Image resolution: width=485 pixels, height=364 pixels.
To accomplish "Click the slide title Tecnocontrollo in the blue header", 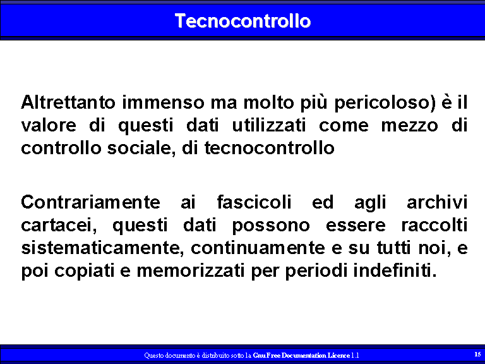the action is point(242,21).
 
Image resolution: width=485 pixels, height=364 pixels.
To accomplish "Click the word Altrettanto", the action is point(68,102).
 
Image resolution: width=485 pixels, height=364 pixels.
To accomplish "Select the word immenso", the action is point(163,102).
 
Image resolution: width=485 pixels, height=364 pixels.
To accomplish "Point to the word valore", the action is point(49,125).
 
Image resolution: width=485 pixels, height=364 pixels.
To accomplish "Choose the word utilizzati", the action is point(269,125).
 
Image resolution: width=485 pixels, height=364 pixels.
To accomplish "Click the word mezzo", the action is point(409,126).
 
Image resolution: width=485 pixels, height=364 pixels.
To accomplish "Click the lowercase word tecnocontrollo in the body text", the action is point(270,149).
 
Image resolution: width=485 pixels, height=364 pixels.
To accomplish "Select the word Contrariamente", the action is point(90,202).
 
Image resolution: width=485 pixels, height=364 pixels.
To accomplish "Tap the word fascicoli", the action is point(254,202).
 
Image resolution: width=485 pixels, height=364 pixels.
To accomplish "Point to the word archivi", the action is point(437,202).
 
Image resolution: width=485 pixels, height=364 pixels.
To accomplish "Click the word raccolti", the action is point(434,225).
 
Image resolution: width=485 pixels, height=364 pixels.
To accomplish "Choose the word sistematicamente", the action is point(100,248).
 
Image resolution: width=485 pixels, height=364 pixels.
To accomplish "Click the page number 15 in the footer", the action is point(477,354).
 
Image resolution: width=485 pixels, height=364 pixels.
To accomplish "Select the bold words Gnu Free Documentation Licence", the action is point(301,355).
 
